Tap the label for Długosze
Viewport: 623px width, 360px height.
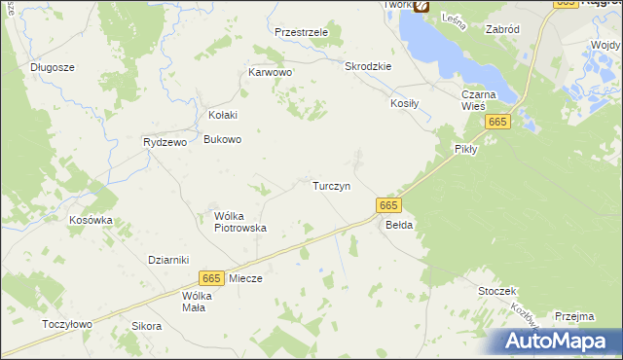[53, 67]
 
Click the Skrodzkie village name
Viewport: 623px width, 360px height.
[368, 66]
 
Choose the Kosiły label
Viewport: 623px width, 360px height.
[405, 102]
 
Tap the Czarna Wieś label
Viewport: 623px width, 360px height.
[480, 100]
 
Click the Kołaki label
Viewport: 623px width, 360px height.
[223, 115]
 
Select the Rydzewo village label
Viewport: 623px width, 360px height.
[165, 141]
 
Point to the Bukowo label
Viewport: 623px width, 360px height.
[222, 139]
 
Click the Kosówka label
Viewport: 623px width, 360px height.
[91, 220]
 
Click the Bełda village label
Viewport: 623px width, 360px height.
[399, 225]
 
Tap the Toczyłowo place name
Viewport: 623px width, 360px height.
[67, 324]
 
